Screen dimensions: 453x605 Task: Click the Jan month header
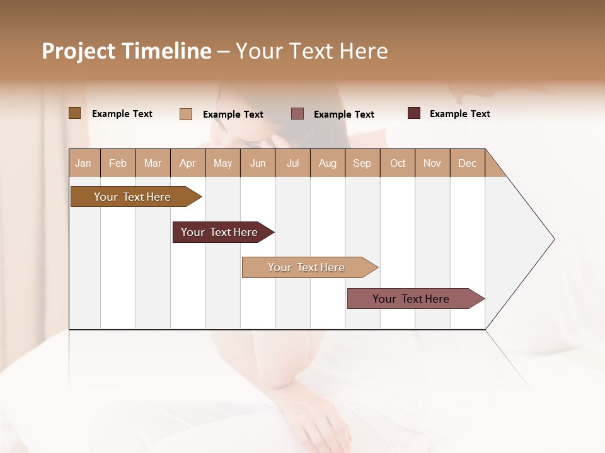83,163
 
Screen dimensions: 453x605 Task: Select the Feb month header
118,163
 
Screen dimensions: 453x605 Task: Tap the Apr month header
187,163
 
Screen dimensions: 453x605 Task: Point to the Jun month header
258,163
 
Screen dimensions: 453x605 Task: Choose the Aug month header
327,163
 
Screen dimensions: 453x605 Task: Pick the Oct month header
398,163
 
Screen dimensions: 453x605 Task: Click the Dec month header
467,163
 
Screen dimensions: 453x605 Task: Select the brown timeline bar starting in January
132,197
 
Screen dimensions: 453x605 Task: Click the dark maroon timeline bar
219,232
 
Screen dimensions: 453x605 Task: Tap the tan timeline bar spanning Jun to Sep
306,267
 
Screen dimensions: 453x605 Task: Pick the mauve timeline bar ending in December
411,299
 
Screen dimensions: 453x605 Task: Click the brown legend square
74,113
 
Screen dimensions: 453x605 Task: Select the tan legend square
186,114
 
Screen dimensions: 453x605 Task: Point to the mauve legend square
297,114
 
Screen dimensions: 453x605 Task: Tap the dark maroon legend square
413,113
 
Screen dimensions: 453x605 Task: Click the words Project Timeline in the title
126,51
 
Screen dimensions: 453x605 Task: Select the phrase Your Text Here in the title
311,51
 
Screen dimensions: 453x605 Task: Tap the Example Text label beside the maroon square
459,114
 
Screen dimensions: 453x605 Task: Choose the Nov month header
432,163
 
